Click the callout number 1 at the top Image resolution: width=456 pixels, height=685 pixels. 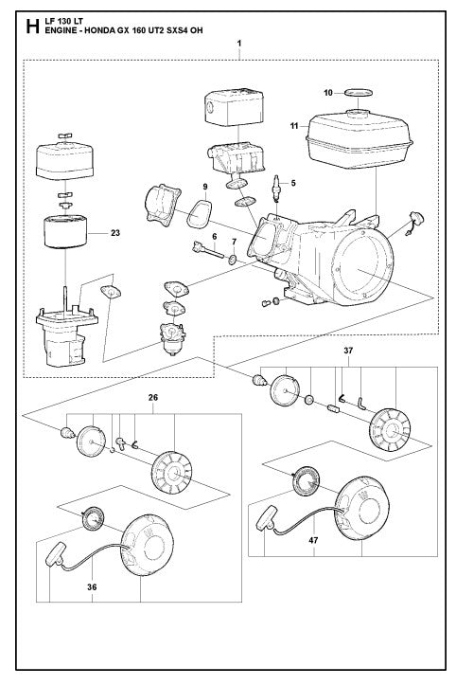tap(239, 44)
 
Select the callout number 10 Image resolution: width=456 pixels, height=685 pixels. tap(327, 93)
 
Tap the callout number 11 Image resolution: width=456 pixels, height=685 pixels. tap(294, 124)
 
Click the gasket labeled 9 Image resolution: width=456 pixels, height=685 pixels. tap(199, 213)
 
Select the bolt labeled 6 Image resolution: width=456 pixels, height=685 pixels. tap(208, 250)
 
